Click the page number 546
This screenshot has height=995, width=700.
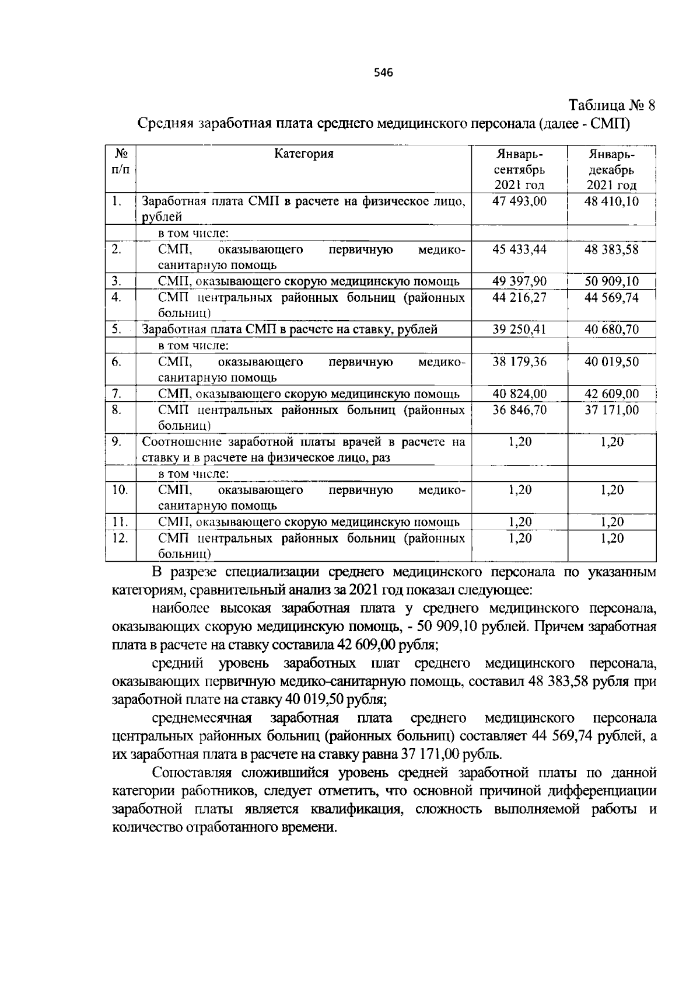pos(383,73)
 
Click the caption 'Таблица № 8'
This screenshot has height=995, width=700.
pos(612,106)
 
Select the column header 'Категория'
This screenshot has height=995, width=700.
pos(304,154)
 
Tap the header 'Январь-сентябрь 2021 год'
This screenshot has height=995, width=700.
pos(519,169)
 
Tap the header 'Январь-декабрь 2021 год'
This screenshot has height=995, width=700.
pos(611,169)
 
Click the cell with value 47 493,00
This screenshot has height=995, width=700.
pos(519,201)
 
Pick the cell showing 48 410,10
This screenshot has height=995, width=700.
pos(611,201)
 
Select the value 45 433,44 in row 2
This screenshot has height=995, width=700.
pos(519,250)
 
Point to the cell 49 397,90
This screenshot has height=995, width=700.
pos(519,282)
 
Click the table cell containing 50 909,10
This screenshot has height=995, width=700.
pos(611,282)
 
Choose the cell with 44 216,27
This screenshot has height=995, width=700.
pos(519,298)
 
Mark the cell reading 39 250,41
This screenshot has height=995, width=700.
pos(519,330)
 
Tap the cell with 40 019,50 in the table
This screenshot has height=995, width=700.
pos(611,362)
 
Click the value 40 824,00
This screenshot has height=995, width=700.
pos(519,394)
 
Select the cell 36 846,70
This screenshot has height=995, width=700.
pos(519,410)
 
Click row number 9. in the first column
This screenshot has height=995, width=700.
pos(117,442)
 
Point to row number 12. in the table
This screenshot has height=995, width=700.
pos(120,538)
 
